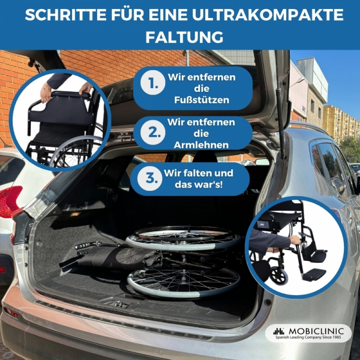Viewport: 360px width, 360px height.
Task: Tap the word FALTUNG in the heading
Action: pos(184,37)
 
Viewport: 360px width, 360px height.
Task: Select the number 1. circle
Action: pos(153,83)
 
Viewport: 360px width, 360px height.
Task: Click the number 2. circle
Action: pos(153,133)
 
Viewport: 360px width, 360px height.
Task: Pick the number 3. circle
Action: pos(150,179)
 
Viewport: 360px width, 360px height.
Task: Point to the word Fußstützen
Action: pos(202,100)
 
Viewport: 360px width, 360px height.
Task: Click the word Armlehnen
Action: pos(201,145)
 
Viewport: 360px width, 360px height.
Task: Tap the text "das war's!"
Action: pos(198,184)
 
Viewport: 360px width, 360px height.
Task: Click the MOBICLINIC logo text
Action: pos(316,331)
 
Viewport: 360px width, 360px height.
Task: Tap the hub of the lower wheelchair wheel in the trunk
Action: pos(184,279)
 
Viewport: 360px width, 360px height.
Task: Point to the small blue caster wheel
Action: pos(279,275)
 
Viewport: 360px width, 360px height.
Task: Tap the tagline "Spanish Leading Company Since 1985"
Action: pos(308,337)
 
